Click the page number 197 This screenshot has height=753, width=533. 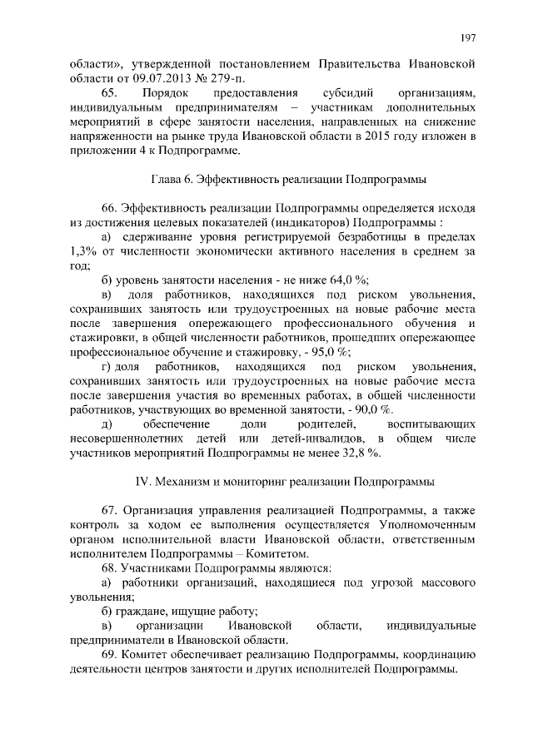click(467, 37)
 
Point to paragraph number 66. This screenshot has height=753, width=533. click(109, 209)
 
